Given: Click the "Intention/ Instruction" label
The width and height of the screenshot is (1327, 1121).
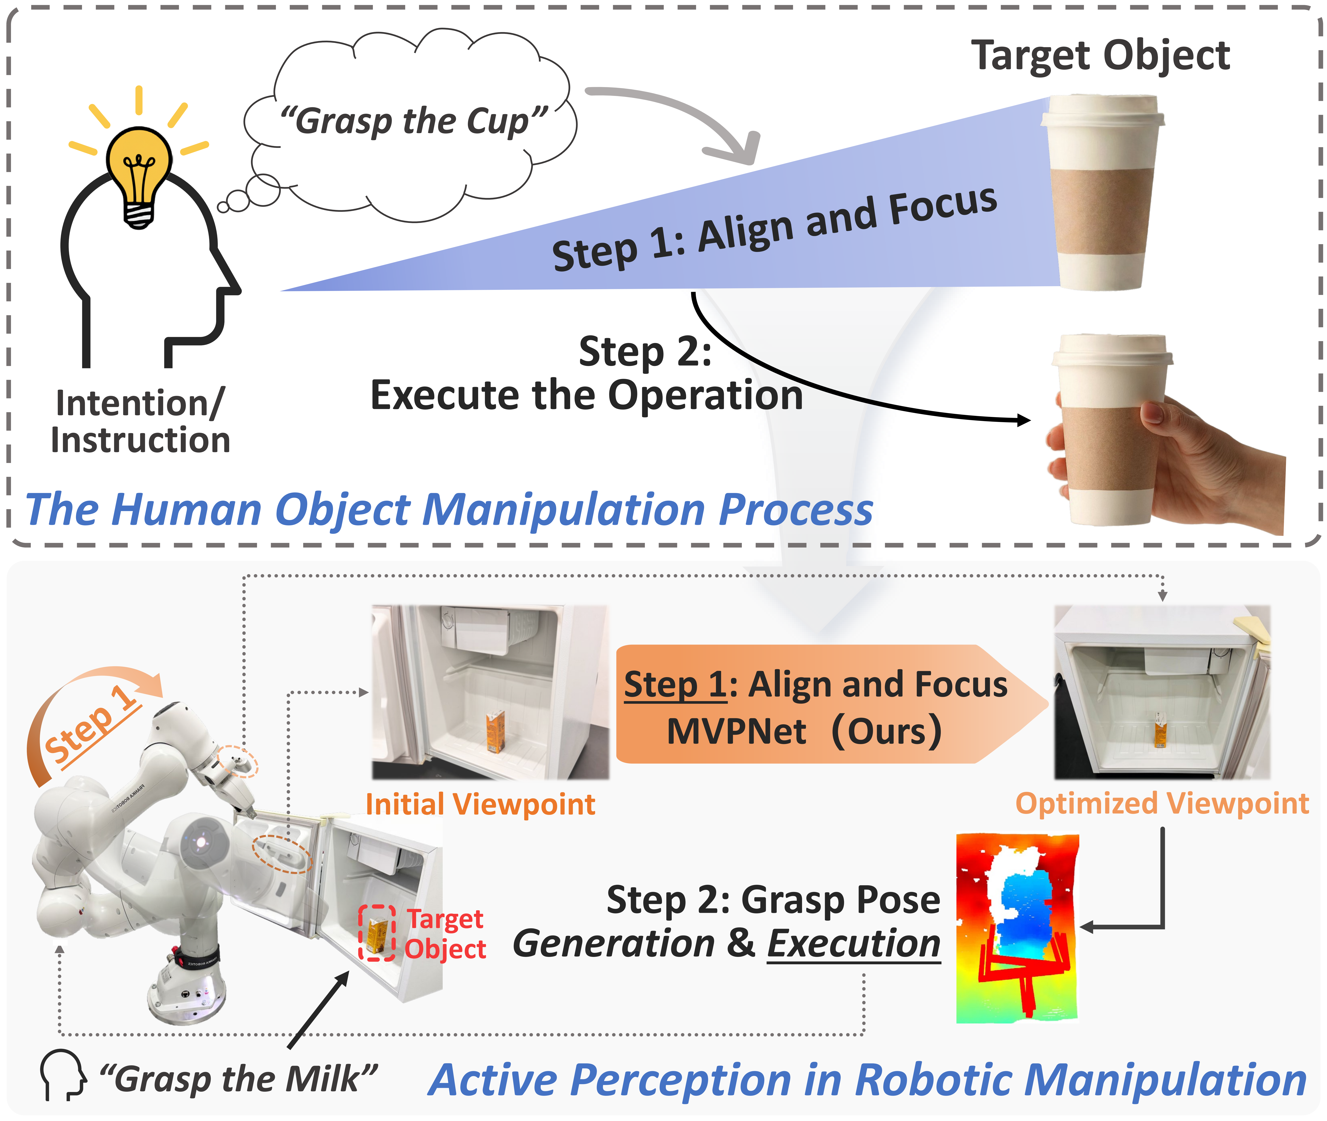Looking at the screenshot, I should pyautogui.click(x=140, y=421).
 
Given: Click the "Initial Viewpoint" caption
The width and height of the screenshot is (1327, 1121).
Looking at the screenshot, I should pyautogui.click(x=480, y=804).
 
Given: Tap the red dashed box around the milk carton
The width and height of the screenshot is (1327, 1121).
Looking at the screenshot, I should pyautogui.click(x=377, y=933).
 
